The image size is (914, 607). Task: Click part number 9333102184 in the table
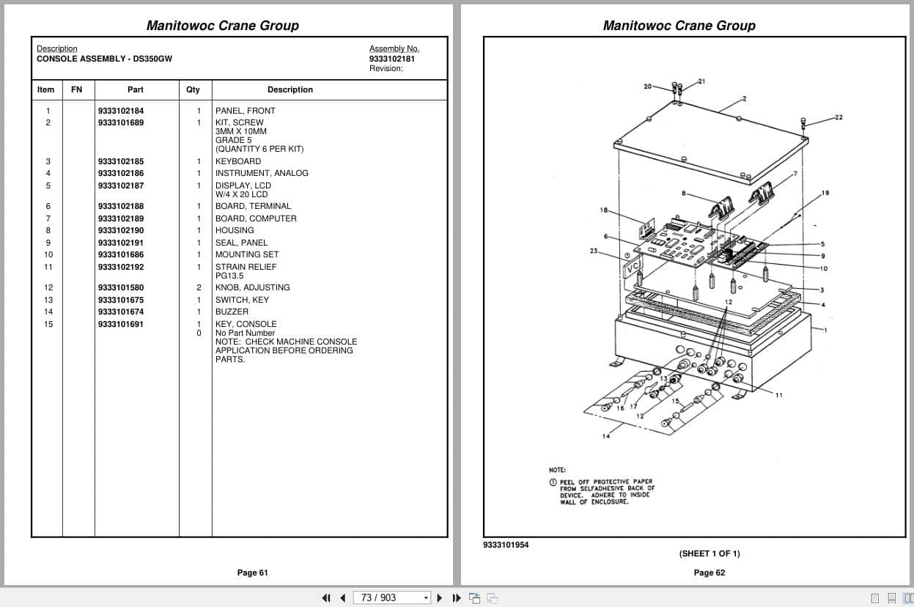[121, 111]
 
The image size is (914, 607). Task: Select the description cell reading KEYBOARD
[238, 161]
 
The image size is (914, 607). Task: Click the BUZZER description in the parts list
[232, 312]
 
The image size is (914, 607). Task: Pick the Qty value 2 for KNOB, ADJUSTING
[198, 287]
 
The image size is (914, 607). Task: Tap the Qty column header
[193, 89]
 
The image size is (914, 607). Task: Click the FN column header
[77, 89]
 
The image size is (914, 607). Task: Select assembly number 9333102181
[391, 59]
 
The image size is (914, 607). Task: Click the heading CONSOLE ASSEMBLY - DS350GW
[104, 59]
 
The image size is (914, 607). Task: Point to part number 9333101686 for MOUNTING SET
[121, 254]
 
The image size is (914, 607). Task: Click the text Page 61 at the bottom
[252, 573]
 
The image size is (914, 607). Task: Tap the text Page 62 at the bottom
[709, 573]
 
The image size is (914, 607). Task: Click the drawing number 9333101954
[506, 545]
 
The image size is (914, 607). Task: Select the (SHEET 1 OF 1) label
[709, 553]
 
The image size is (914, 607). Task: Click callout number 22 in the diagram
[839, 117]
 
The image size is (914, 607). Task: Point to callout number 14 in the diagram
[606, 436]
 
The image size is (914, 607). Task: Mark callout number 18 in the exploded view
[604, 210]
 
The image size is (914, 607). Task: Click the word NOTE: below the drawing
[557, 470]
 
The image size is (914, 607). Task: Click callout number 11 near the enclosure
[778, 395]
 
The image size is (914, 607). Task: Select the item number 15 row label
[48, 324]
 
